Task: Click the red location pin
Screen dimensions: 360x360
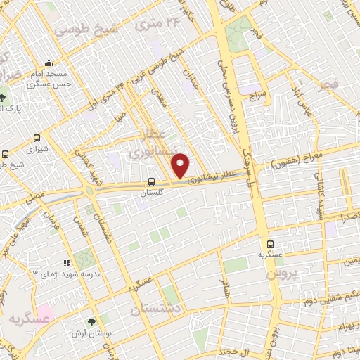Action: (x=181, y=165)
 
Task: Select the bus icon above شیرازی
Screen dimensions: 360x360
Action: (x=37, y=139)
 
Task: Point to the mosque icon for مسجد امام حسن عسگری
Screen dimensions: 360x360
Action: (x=48, y=63)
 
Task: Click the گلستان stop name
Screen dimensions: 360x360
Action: (x=153, y=191)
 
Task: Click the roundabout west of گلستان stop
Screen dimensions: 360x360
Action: (x=89, y=190)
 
